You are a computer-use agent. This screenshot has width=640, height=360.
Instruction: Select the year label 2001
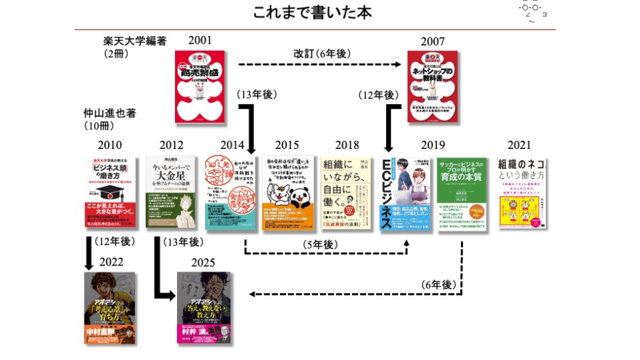pos(199,41)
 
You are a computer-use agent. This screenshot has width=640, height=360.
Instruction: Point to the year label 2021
pos(519,145)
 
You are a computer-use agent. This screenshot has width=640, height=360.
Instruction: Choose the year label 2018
pos(347,145)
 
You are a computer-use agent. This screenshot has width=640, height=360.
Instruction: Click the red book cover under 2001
pos(199,86)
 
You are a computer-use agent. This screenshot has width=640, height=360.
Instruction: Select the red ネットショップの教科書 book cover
pos(432,86)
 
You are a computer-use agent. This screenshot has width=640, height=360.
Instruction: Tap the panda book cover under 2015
pos(288,193)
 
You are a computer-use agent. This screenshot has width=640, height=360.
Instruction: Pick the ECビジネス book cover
pos(405,193)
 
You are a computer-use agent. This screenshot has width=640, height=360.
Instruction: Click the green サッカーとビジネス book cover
pos(462,193)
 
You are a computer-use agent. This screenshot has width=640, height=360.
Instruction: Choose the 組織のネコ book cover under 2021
pos(523,193)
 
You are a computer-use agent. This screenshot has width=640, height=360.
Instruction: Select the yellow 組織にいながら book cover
pos(347,193)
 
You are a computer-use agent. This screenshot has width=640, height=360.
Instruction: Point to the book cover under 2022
pos(110,308)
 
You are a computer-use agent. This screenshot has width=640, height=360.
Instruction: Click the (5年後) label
pos(321,244)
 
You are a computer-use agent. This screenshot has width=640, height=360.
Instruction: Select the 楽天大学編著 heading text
pos(135,42)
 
